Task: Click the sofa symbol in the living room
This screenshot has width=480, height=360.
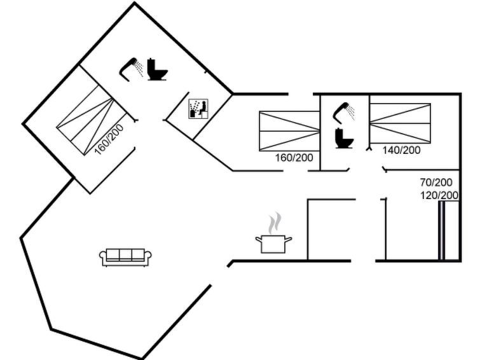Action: [126, 256]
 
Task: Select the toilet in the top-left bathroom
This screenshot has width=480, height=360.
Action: [156, 69]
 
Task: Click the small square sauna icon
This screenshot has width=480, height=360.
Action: [198, 109]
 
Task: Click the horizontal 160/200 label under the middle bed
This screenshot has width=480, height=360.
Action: [294, 158]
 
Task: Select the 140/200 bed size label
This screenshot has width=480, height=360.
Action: [402, 150]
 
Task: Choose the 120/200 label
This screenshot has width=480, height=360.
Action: [440, 195]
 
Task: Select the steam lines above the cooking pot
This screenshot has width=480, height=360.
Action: [274, 224]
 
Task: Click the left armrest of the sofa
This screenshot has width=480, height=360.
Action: [103, 257]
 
